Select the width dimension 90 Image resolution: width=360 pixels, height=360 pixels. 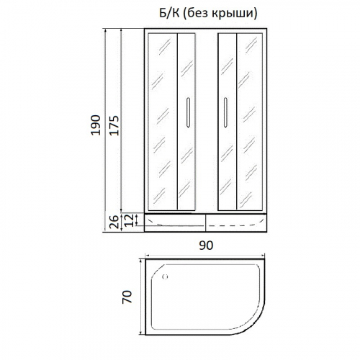point(207,245)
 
